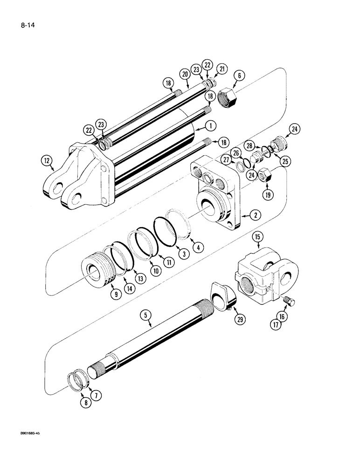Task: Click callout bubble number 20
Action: point(185,74)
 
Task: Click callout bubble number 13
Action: point(141,278)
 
